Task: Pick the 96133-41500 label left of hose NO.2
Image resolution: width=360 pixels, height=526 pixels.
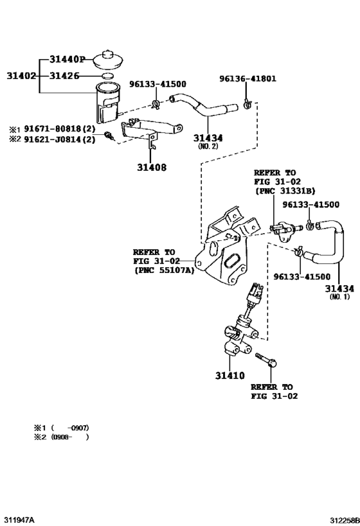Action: click(157, 84)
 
